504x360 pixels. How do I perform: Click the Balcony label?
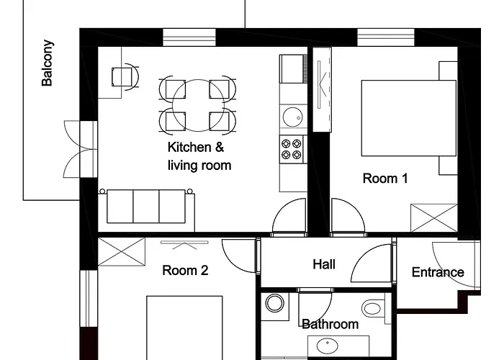point(48,63)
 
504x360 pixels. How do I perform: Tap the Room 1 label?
point(385,179)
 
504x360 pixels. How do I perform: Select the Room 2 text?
point(185,270)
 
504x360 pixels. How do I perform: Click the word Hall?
point(324,264)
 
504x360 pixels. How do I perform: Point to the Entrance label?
point(438,272)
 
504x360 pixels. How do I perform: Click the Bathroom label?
point(330,324)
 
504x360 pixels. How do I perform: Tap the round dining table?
point(198,105)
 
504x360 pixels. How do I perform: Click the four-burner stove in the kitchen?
point(292,150)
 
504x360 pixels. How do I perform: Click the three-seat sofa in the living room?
point(146,207)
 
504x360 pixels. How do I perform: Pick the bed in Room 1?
point(409,118)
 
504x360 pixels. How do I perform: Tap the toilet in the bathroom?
point(374,309)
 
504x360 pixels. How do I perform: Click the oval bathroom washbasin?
point(327,346)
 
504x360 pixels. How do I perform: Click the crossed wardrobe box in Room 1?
point(434,218)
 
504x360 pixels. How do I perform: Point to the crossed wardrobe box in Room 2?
point(122,252)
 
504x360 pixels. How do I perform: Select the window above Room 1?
point(386,37)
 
